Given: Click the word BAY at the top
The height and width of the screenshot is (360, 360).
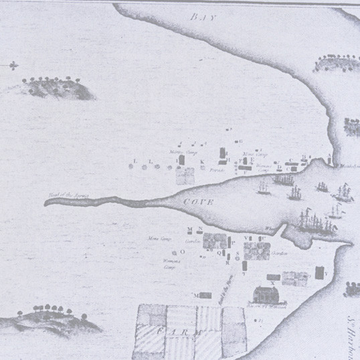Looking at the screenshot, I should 201,16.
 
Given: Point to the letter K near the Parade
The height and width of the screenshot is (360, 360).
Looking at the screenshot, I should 201,162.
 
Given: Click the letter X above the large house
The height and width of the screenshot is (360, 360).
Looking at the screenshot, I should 273,284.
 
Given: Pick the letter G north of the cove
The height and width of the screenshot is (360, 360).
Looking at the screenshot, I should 240,141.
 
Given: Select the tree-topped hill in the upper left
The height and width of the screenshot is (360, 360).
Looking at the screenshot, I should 57,88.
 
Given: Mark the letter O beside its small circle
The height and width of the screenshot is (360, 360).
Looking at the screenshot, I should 182,252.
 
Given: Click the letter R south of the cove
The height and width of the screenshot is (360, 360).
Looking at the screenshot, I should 228,263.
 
